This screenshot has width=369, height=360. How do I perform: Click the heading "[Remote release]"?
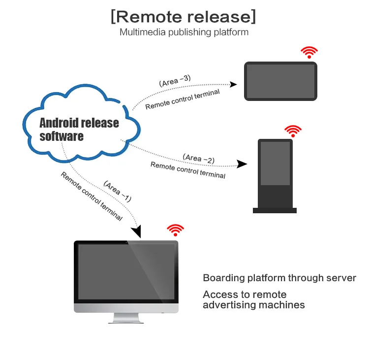184,16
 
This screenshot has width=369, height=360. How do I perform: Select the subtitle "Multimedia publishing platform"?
184,32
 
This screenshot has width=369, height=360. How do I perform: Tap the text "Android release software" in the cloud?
79,129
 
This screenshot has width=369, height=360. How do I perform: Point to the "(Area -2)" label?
199,158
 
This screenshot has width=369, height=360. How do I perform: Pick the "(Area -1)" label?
118,191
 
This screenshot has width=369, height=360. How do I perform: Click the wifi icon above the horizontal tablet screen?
309,52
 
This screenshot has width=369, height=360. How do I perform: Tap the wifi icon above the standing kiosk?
293,131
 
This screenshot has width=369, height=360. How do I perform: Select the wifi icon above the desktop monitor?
175,229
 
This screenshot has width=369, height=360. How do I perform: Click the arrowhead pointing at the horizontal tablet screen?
234,85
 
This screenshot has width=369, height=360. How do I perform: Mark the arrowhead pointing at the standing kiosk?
242,164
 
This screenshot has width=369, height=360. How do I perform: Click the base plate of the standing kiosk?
275,210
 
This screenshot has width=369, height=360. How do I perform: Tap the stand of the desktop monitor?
126,318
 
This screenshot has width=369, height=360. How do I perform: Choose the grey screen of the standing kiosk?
275,163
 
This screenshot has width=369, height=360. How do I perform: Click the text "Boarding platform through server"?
279,278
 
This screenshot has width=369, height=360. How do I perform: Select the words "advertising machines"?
253,305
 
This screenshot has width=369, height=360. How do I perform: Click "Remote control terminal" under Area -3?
183,99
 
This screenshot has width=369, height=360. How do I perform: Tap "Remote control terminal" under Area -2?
188,170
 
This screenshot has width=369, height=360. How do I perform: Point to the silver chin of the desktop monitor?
126,308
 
